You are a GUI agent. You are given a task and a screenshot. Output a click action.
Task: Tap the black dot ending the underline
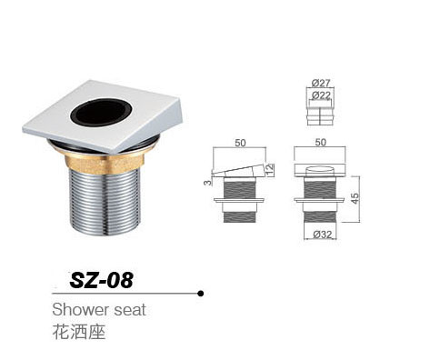(200, 293)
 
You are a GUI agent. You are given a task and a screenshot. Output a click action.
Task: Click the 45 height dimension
(355, 196)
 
